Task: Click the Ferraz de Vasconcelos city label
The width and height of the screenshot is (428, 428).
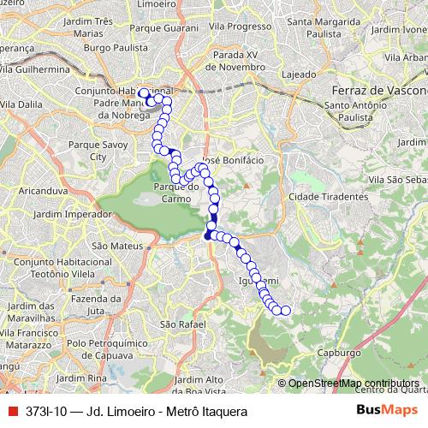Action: click(377, 91)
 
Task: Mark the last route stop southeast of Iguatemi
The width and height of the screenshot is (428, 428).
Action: click(285, 311)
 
